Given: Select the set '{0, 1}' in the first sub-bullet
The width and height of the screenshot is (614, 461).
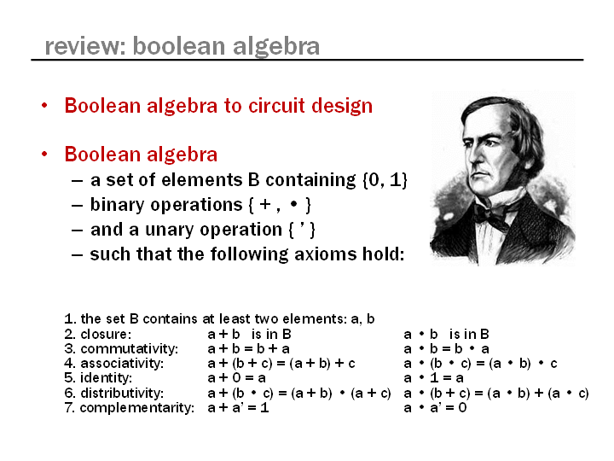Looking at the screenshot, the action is (x=385, y=180).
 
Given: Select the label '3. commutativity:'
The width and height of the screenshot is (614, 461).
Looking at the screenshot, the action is (x=121, y=348).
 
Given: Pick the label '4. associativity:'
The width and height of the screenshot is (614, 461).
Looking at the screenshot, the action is (x=114, y=364).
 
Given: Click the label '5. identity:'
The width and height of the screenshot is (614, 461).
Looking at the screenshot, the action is (x=98, y=378).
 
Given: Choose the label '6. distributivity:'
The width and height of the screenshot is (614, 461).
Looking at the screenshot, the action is (x=114, y=393).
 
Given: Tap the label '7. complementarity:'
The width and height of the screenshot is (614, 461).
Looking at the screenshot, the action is (x=130, y=408).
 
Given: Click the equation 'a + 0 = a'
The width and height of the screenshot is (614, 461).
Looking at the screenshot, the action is (x=236, y=378).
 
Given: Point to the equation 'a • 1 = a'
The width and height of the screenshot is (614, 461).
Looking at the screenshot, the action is (x=433, y=378).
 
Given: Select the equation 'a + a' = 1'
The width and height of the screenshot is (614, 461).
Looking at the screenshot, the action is (x=238, y=408).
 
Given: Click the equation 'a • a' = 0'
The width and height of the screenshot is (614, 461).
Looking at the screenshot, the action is (x=435, y=408).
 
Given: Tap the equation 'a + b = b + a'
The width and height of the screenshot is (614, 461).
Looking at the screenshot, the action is (x=249, y=348).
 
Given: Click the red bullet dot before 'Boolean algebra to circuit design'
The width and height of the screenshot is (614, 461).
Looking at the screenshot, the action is (x=44, y=106).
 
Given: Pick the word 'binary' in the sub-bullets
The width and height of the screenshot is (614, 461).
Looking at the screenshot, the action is (x=117, y=206).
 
